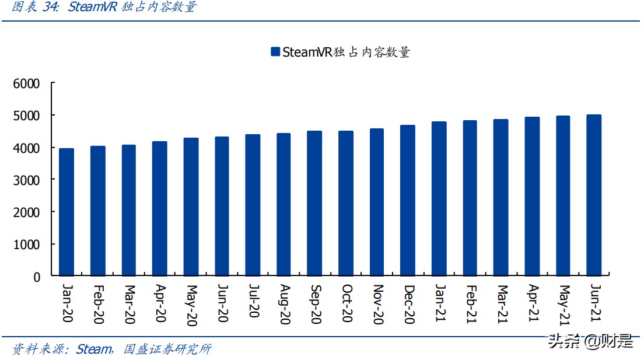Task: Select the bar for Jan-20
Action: click(66, 212)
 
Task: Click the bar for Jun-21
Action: click(594, 195)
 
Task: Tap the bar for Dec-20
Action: click(408, 200)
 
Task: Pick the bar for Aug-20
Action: click(283, 204)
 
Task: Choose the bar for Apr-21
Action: click(532, 196)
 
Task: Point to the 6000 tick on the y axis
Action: click(27, 84)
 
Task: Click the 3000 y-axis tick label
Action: click(27, 180)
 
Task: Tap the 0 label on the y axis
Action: click(37, 277)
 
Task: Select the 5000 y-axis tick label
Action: click(27, 116)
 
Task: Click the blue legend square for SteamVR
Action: click(275, 52)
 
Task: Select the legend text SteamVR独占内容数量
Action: click(346, 52)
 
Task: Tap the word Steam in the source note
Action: click(93, 349)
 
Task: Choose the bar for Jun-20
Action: click(222, 206)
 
